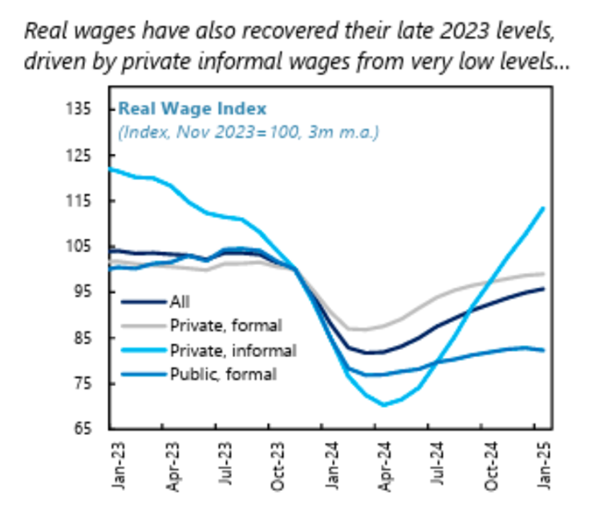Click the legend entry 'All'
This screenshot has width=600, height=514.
(x=179, y=301)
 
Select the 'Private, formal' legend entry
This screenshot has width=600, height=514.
(x=225, y=325)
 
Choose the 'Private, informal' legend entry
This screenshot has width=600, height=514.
(x=233, y=351)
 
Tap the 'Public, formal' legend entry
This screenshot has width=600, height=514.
(x=222, y=374)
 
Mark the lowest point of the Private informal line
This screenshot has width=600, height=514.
(x=382, y=405)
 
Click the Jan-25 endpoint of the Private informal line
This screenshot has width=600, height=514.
(x=543, y=209)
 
